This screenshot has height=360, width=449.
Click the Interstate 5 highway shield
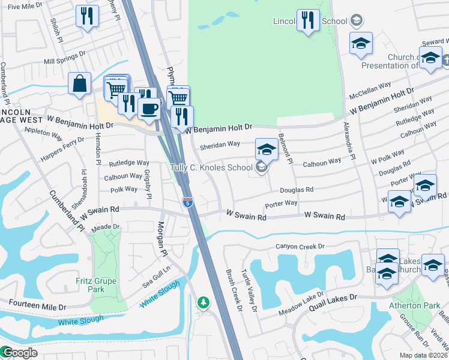click(x=188, y=202)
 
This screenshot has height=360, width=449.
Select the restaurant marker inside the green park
click(x=308, y=20)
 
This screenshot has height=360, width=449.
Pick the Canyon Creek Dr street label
click(x=300, y=246)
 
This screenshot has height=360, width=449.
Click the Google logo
click(x=19, y=353)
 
